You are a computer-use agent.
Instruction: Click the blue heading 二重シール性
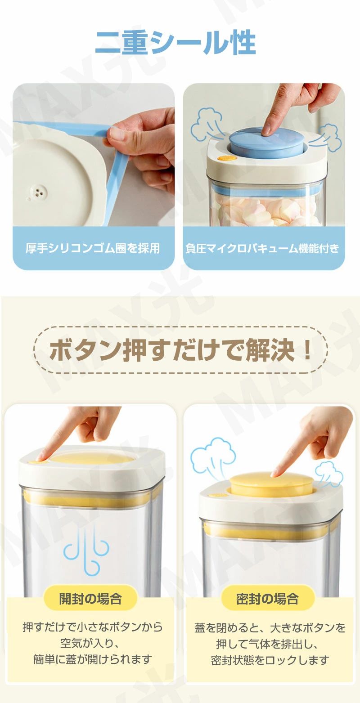176,43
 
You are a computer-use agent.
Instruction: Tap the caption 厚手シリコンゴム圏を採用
93,248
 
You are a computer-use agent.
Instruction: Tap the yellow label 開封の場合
90,599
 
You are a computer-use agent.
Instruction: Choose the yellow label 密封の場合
267,599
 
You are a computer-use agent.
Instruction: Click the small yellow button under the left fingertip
34,461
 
